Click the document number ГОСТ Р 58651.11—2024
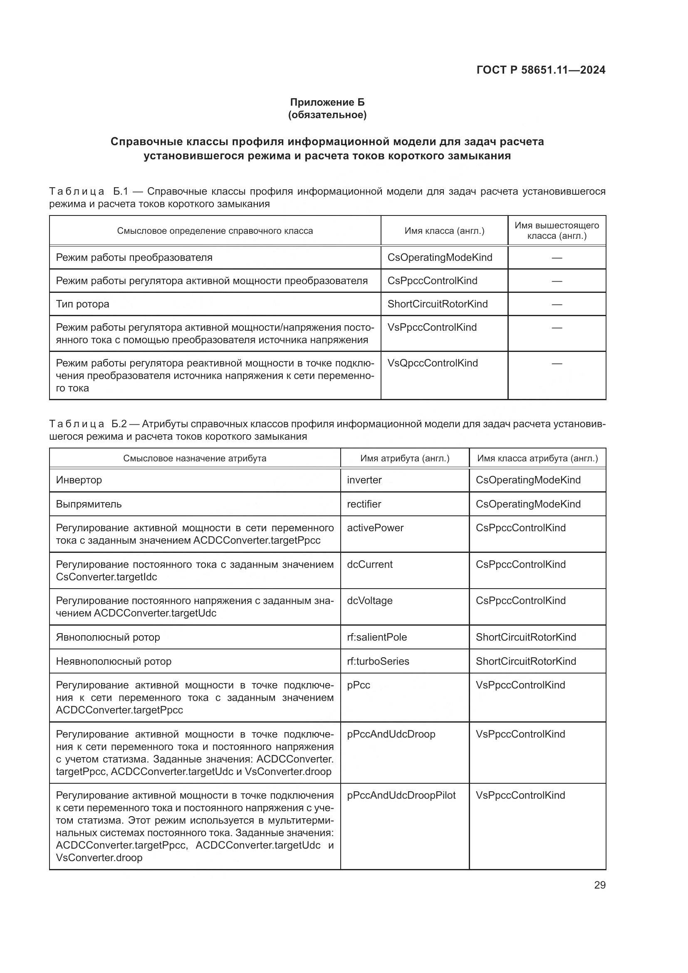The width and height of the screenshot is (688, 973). tap(541, 70)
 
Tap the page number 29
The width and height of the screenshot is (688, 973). tap(599, 885)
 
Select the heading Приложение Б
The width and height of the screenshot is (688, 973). tap(327, 102)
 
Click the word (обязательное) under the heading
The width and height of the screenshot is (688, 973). tap(327, 115)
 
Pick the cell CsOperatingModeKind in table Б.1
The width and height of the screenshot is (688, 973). tap(440, 257)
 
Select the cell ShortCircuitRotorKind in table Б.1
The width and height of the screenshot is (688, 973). tap(437, 304)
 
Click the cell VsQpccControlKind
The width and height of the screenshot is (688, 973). tap(433, 363)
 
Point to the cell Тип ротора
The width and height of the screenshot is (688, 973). tap(83, 304)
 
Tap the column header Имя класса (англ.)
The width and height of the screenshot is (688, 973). tap(444, 231)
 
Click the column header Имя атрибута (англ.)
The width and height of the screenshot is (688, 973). tap(405, 458)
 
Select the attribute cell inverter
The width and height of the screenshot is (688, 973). tap(364, 480)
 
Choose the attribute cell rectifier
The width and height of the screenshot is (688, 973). tap(364, 504)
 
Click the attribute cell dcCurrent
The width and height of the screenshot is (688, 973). tap(369, 564)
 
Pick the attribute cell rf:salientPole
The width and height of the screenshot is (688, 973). tap(376, 637)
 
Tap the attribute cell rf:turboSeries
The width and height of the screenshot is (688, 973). tap(378, 661)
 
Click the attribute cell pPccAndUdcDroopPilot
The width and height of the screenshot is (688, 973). tap(401, 795)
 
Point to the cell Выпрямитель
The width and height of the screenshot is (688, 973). tap(89, 504)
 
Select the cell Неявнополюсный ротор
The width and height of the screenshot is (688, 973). tap(114, 661)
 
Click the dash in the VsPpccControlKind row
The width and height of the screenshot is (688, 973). tap(557, 327)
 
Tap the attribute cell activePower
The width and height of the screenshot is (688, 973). tap(375, 527)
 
